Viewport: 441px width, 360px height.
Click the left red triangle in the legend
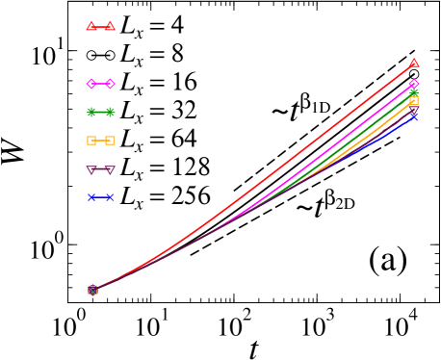(x=91, y=26)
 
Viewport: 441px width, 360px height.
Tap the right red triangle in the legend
(x=110, y=26)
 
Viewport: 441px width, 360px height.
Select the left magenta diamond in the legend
(x=91, y=84)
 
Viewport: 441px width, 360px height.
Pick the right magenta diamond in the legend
(x=110, y=84)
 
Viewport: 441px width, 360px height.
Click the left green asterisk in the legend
(x=91, y=112)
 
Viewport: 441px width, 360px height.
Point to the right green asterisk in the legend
(x=110, y=112)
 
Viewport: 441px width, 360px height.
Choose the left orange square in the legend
(x=91, y=141)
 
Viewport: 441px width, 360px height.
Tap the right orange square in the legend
(x=110, y=141)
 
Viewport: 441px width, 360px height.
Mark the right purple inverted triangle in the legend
(x=110, y=169)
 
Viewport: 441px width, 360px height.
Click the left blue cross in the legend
(x=91, y=197)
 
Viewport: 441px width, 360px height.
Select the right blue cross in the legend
(x=110, y=197)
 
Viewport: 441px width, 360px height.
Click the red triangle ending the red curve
(x=414, y=64)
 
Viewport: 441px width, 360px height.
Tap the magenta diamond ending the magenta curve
(x=414, y=84)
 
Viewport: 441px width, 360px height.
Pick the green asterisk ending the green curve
(x=414, y=91)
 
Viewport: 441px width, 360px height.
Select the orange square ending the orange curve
(x=414, y=100)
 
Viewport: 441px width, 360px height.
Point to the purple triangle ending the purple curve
(x=414, y=111)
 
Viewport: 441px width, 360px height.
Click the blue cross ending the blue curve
(x=414, y=117)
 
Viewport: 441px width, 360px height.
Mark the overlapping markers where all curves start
(x=93, y=289)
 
